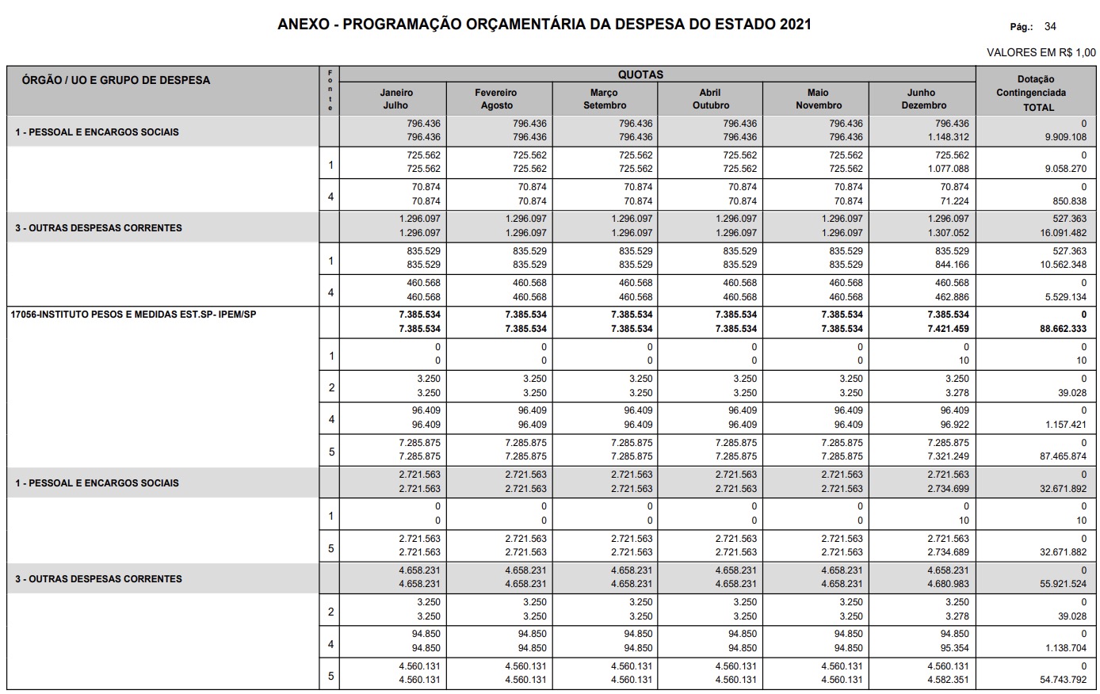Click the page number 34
coord(1050,26)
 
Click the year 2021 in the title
coord(795,24)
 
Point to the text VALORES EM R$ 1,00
coord(1041,52)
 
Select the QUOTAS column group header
coord(640,74)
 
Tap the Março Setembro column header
coord(604,99)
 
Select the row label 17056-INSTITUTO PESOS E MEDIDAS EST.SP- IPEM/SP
coord(133,315)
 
